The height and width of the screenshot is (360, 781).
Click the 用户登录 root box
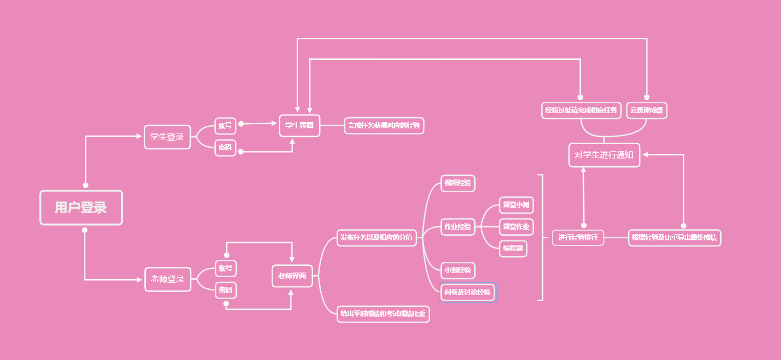(81, 208)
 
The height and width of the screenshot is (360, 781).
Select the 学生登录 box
(167, 137)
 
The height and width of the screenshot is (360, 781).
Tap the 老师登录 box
(167, 279)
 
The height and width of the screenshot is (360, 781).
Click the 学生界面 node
(299, 125)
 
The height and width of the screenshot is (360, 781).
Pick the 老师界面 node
(292, 276)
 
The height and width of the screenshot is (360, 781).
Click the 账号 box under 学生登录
(225, 125)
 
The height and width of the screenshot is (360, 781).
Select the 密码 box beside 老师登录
(225, 290)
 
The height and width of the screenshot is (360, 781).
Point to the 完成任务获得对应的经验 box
(384, 125)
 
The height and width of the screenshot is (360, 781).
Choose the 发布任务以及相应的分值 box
(376, 238)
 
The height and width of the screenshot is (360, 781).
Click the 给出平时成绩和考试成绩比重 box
(383, 314)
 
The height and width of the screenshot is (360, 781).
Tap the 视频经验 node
(457, 183)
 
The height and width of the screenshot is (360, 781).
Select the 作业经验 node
(457, 227)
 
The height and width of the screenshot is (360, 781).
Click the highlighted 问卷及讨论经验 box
(467, 292)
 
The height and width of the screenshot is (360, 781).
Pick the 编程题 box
(512, 249)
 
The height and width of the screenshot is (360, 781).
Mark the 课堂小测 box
(516, 205)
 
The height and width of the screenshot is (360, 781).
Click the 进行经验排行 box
(577, 238)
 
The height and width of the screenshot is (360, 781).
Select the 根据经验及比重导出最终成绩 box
(674, 238)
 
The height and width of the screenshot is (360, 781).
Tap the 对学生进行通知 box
(604, 155)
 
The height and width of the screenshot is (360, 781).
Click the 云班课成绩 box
(646, 110)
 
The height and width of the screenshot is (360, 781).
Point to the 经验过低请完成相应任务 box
(581, 110)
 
